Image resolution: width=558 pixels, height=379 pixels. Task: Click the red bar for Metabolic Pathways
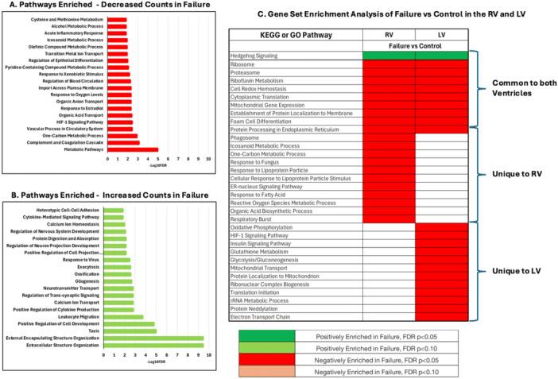(133, 149)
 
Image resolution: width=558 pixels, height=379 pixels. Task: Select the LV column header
(441, 36)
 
